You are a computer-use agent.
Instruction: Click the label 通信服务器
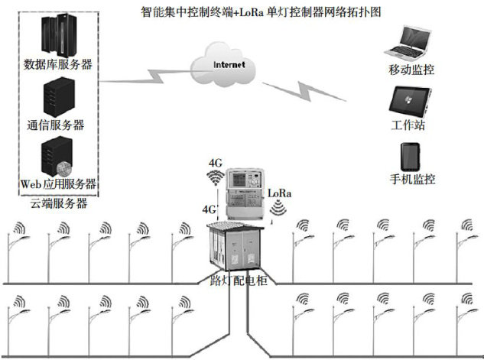56,125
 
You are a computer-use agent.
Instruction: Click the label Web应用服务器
59,184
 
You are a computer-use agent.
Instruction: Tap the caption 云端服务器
59,204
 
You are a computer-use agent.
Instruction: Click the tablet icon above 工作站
410,100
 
